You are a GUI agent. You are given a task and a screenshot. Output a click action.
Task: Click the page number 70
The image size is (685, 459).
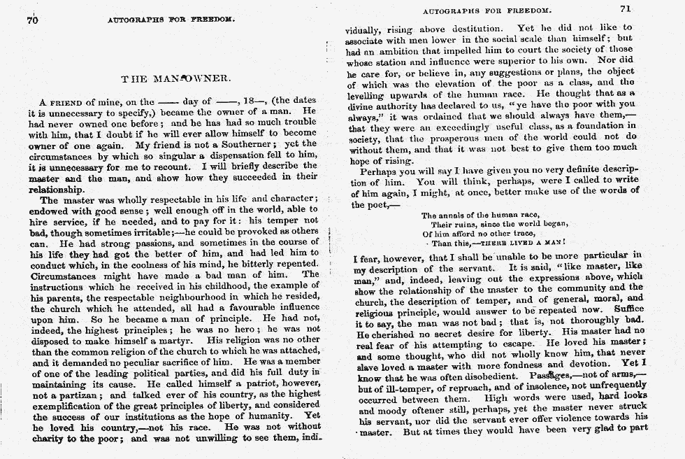point(31,20)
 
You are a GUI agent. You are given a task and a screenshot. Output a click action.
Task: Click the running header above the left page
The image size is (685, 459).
point(171,20)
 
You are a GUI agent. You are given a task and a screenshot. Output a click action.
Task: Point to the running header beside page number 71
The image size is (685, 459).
point(487,10)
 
